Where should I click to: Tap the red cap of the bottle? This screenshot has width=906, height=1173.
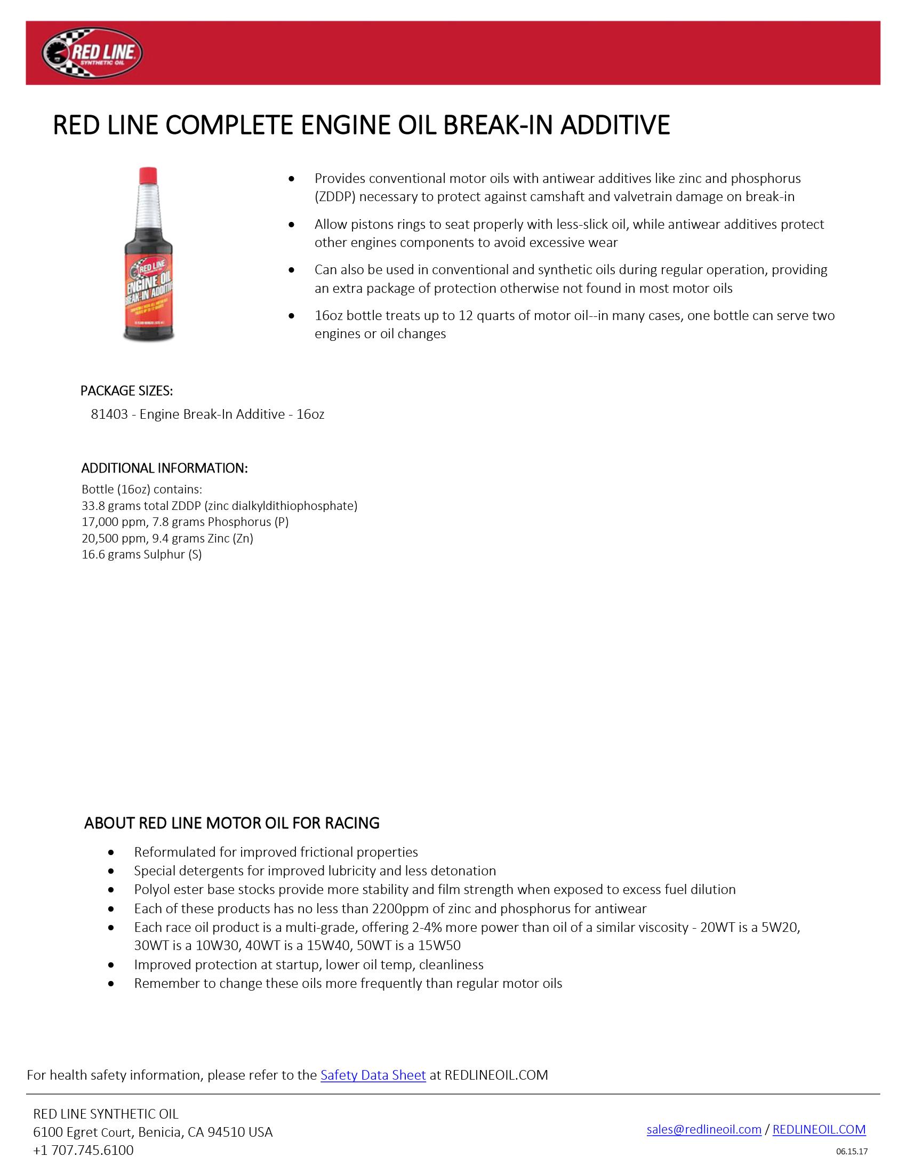(x=148, y=175)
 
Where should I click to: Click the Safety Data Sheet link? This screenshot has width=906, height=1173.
(x=373, y=1075)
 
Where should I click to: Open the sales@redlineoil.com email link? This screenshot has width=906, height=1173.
(x=703, y=1129)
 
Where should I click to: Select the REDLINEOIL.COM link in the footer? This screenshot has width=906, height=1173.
(x=819, y=1129)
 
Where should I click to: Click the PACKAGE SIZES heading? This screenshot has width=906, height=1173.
(x=127, y=391)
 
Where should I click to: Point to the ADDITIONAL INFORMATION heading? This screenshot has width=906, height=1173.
(x=164, y=468)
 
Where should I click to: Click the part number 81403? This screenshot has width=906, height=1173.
(x=109, y=414)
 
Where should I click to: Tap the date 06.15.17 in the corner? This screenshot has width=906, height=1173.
(x=852, y=1151)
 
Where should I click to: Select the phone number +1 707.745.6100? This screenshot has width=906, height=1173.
(x=83, y=1150)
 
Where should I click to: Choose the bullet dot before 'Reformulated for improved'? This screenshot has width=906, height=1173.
(x=111, y=852)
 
